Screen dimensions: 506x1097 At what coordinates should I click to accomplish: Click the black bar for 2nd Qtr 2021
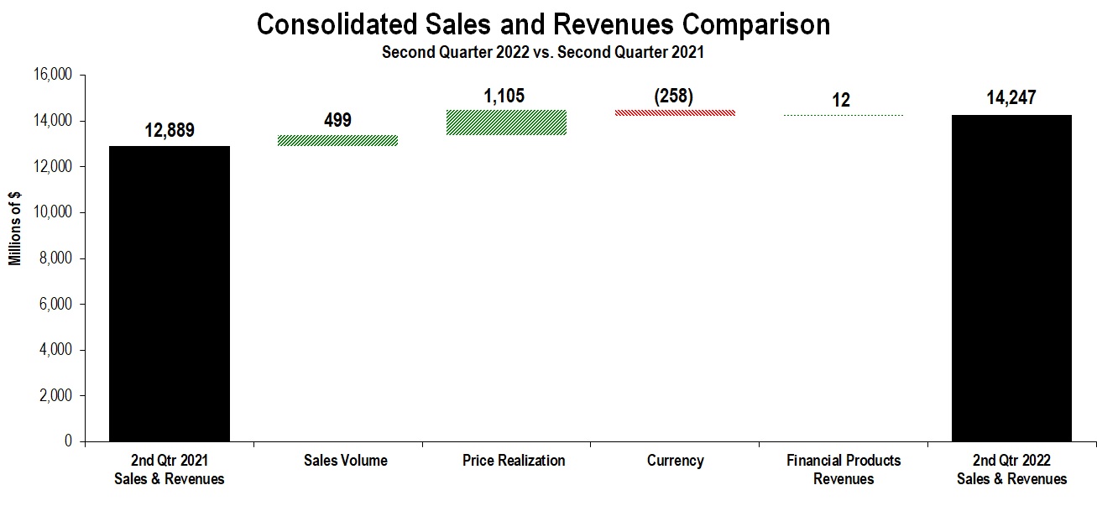pos(170,294)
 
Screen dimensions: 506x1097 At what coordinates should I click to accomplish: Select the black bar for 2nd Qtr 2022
pos(1011,278)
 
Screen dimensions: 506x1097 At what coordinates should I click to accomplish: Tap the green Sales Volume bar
pos(337,140)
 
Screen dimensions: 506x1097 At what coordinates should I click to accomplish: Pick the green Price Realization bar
pos(506,123)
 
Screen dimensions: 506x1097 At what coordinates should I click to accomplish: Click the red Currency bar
pos(675,112)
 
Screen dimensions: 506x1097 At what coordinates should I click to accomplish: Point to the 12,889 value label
pos(170,131)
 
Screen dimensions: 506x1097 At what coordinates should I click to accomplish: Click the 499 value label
pos(337,120)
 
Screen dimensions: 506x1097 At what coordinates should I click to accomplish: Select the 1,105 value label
pos(504,96)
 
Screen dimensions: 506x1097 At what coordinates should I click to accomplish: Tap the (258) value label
pos(674,96)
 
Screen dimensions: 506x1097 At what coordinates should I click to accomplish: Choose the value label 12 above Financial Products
pos(841,101)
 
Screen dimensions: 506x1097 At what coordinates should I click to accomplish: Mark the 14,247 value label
pos(1011,98)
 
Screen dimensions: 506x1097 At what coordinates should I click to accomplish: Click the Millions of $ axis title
pos(16,227)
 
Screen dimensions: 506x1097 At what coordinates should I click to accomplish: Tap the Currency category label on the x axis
pos(675,461)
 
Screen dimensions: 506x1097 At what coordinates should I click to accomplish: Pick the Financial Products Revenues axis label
pos(844,470)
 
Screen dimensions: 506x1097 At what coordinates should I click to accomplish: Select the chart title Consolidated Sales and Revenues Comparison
pos(543,24)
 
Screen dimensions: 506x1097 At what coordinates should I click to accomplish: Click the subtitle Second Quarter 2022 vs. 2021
pos(543,52)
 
